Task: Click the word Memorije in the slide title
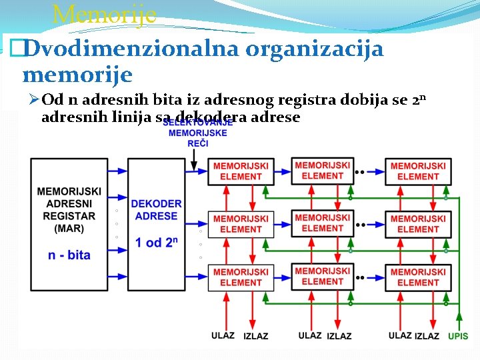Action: [x=104, y=13]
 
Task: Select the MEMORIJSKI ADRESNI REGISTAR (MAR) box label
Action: [x=69, y=210]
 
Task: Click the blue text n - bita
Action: [x=69, y=255]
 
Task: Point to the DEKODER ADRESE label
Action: [x=156, y=210]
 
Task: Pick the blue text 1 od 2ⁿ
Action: [x=157, y=243]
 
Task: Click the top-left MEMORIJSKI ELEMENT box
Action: [x=241, y=171]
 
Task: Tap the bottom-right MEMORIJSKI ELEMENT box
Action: [x=418, y=277]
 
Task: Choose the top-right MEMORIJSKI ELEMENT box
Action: [x=418, y=171]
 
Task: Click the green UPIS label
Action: [x=458, y=337]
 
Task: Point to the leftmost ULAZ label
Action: [x=223, y=335]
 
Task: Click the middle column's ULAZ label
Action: [x=310, y=335]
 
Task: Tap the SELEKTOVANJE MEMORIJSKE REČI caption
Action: [x=197, y=133]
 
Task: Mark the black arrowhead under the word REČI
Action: [x=194, y=163]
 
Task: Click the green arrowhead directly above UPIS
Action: [x=458, y=317]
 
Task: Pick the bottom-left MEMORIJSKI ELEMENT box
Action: [x=241, y=277]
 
